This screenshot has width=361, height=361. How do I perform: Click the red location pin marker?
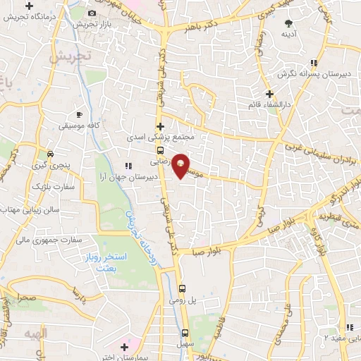[x=181, y=166]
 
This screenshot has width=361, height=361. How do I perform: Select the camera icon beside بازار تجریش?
[x=92, y=13]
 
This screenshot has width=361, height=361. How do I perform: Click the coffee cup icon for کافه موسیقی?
[x=79, y=114]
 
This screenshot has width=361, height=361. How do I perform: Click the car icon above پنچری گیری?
[x=49, y=153]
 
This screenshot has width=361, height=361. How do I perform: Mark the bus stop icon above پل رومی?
[x=183, y=288]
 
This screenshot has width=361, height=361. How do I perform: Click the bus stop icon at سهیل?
[x=185, y=334]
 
